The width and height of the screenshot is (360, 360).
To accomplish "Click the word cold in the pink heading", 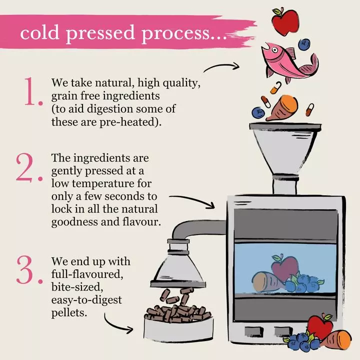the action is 39,32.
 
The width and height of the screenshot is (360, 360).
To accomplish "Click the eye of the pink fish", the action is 274,49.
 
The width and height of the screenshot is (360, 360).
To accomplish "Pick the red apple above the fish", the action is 285,21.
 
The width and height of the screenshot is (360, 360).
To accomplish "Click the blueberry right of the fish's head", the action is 304,44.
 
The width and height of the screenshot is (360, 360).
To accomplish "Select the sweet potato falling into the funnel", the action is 282,107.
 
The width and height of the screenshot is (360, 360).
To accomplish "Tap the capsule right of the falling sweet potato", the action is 309,109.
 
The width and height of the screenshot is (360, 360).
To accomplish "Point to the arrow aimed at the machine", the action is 192,201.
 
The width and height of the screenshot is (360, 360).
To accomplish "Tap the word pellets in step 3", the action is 69,312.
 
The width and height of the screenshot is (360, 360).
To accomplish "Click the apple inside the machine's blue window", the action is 284,267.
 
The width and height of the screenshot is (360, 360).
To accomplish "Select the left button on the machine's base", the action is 253,331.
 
